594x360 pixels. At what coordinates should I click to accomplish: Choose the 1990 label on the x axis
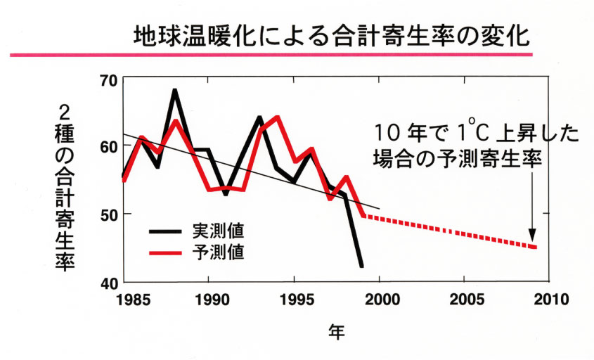pyautogui.click(x=209, y=299)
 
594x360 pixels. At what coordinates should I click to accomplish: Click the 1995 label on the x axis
pyautogui.click(x=294, y=299)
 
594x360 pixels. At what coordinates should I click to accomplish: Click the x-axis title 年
pyautogui.click(x=337, y=330)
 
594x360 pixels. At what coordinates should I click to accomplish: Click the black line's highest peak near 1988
pyautogui.click(x=174, y=91)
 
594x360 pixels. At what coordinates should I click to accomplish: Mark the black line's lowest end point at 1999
pyautogui.click(x=362, y=266)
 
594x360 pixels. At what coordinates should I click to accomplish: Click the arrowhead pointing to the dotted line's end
pyautogui.click(x=532, y=236)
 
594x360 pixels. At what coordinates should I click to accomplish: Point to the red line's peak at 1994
pyautogui.click(x=277, y=117)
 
